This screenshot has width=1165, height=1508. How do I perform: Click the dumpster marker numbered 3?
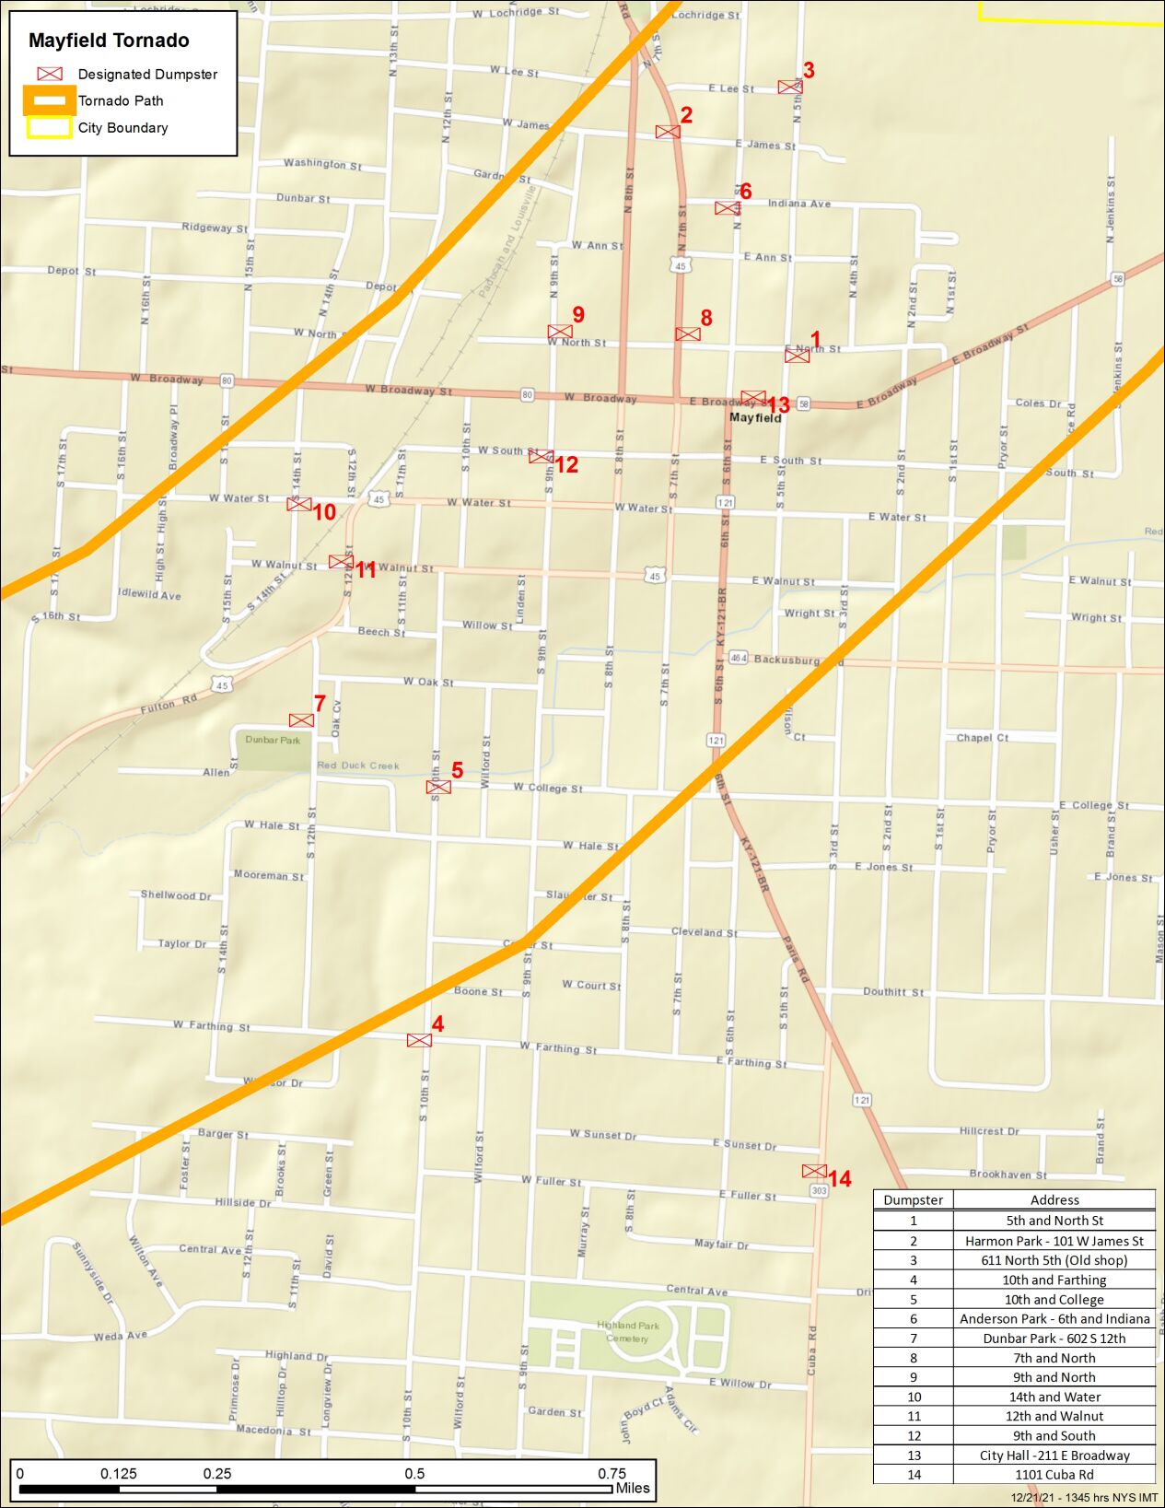pyautogui.click(x=789, y=87)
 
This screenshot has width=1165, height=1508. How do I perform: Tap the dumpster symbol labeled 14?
pyautogui.click(x=814, y=1171)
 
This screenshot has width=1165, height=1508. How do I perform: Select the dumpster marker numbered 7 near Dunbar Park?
pyautogui.click(x=301, y=720)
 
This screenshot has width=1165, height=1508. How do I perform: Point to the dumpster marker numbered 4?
pyautogui.click(x=419, y=1040)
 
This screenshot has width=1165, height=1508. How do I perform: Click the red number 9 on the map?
pyautogui.click(x=578, y=314)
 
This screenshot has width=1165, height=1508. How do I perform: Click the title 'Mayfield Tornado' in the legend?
pyautogui.click(x=109, y=41)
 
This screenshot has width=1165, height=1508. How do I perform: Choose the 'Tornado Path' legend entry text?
pyautogui.click(x=121, y=101)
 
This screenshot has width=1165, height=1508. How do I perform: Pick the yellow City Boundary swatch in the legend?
pyautogui.click(x=49, y=128)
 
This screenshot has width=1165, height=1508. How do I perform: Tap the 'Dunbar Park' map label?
pyautogui.click(x=273, y=740)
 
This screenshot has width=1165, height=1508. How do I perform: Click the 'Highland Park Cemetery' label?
pyautogui.click(x=628, y=1332)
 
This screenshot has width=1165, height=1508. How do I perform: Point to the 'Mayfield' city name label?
pyautogui.click(x=755, y=417)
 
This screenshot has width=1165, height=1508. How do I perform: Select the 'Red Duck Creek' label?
pyautogui.click(x=358, y=766)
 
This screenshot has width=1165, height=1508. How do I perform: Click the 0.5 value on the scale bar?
pyautogui.click(x=414, y=1473)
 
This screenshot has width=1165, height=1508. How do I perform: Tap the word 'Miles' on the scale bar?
pyautogui.click(x=633, y=1488)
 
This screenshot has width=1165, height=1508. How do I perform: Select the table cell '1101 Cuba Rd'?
pyautogui.click(x=1054, y=1474)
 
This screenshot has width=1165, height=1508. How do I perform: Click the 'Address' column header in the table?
pyautogui.click(x=1054, y=1199)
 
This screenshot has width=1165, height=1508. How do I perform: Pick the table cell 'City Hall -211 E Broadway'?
pyautogui.click(x=1054, y=1455)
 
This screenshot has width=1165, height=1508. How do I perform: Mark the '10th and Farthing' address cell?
pyautogui.click(x=1054, y=1280)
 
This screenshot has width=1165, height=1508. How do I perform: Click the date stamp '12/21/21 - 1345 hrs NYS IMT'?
pyautogui.click(x=1084, y=1498)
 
